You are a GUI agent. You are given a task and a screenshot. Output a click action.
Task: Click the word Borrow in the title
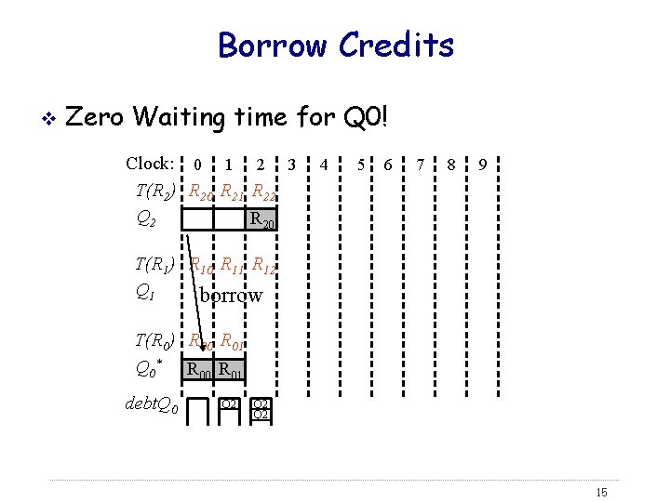[273, 45]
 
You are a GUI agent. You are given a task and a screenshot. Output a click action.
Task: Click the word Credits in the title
[396, 45]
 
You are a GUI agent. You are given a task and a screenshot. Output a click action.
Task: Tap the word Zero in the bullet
[97, 118]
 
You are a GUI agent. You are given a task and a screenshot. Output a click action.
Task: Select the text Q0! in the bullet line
[365, 118]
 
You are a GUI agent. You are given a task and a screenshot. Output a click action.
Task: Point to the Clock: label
[150, 164]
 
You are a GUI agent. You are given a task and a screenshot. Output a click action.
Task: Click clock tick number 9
[482, 165]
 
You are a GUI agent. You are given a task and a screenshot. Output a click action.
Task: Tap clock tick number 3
[292, 165]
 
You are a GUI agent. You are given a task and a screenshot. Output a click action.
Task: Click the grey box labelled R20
[261, 219]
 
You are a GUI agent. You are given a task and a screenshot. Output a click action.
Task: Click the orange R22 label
[264, 194]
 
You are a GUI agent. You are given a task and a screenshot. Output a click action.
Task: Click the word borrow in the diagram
[232, 296]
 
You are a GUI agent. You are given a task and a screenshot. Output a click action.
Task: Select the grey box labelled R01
[231, 370]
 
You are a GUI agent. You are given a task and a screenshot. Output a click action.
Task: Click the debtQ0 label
[151, 404]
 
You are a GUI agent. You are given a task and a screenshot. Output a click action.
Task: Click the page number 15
[599, 492]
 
